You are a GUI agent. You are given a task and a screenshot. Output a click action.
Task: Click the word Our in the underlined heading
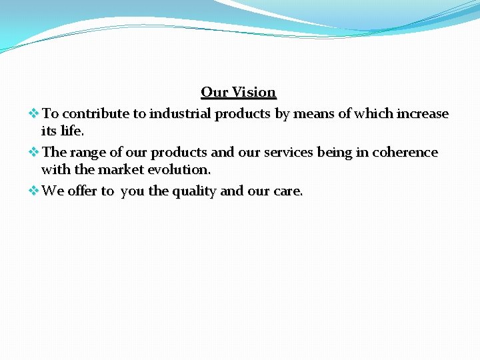(215, 92)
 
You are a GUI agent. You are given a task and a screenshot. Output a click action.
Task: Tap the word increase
(423, 114)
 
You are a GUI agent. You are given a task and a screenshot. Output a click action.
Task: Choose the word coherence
(405, 153)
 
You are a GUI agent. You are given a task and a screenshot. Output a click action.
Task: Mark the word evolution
(179, 169)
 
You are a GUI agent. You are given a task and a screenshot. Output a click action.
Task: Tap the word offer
(83, 191)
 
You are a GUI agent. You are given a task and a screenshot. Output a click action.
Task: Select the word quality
(195, 192)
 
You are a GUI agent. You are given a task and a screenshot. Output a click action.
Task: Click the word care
(288, 191)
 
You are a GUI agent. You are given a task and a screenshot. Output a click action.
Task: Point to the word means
(314, 114)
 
